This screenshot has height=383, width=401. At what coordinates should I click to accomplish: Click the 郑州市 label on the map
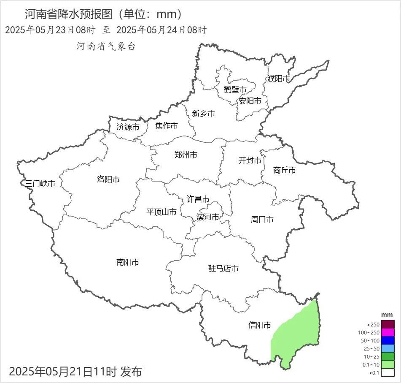[186, 155]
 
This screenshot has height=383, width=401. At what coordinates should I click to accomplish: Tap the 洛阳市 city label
[108, 179]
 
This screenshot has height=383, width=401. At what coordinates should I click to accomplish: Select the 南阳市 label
[128, 262]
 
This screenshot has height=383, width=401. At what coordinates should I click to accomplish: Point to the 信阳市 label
[259, 325]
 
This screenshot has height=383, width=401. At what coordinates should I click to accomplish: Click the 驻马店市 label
[223, 269]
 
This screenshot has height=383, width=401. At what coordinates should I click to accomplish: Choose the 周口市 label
[262, 220]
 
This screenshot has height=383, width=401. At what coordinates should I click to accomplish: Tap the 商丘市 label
[285, 170]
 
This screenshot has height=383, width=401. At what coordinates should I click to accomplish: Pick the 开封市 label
[250, 160]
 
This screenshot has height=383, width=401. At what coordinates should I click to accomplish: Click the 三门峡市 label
[40, 184]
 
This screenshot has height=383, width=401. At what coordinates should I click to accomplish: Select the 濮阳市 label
[279, 79]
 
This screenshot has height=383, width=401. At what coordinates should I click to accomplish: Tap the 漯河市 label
[208, 217]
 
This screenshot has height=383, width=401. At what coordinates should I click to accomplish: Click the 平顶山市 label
[161, 212]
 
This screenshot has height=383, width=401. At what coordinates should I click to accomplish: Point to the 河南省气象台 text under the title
[106, 46]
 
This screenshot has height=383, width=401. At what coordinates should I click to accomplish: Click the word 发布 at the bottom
[131, 372]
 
